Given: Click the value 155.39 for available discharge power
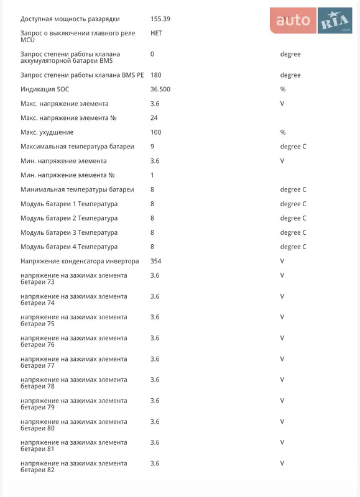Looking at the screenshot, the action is (x=160, y=19).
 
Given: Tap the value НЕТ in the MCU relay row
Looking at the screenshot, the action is (x=156, y=33).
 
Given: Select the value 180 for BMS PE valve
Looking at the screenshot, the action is (x=155, y=75).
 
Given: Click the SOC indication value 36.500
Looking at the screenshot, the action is (x=160, y=89).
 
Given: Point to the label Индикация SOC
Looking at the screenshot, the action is (x=45, y=89).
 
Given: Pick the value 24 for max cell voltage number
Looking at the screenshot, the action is (x=154, y=118).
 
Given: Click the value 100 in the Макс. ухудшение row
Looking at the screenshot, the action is (x=155, y=132).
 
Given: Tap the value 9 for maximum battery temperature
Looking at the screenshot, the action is (x=152, y=147).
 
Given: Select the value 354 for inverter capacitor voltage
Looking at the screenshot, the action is (x=155, y=261).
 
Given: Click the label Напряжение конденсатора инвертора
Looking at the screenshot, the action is (x=80, y=261).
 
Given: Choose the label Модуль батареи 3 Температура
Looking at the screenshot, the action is (x=69, y=232).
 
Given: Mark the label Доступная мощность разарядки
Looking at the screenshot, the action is (x=70, y=19).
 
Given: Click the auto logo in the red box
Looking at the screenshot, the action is (x=293, y=21).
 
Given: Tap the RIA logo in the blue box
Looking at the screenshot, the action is (x=335, y=22).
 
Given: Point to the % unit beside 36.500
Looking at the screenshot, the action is (x=282, y=89).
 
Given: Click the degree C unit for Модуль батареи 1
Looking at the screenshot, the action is (x=293, y=204).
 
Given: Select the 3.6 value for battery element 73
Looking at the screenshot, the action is (x=155, y=275).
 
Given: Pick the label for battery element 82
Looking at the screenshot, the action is (x=73, y=467).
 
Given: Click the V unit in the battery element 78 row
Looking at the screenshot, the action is (x=282, y=380).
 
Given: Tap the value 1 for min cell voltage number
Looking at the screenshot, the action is (x=152, y=175).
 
